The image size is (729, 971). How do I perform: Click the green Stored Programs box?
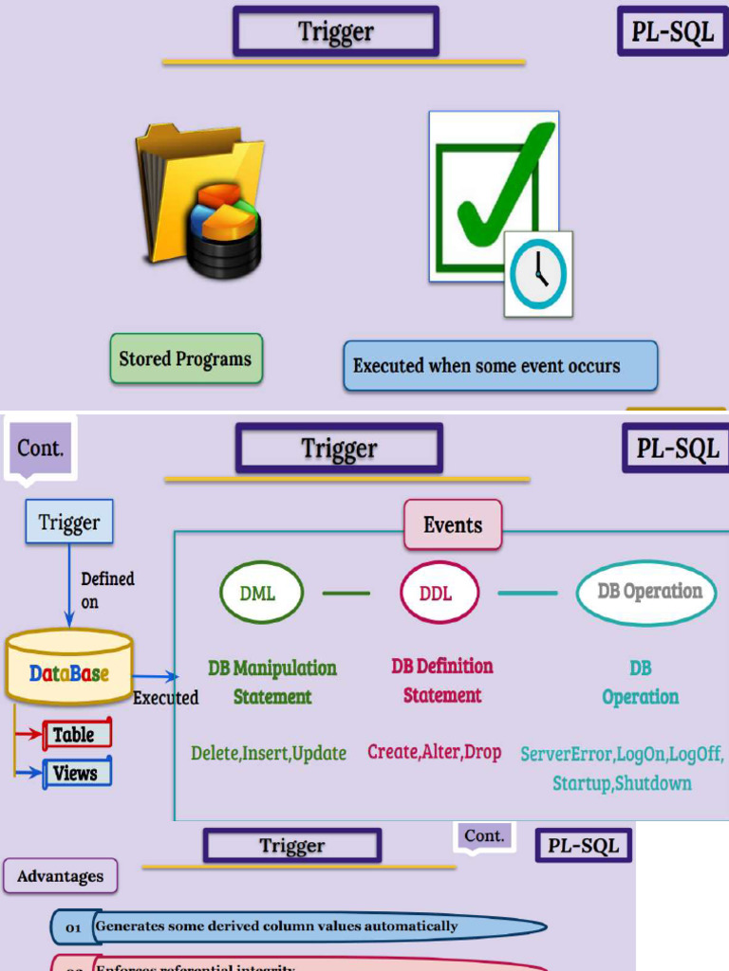[185, 359]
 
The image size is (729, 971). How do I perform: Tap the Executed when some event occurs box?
[499, 366]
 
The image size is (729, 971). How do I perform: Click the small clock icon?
[538, 273]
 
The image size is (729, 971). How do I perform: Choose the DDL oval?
[437, 595]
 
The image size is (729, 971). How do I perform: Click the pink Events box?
[453, 525]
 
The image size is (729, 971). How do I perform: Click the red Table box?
[77, 734]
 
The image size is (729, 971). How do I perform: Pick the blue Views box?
[77, 772]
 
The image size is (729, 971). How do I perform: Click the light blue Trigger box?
[69, 522]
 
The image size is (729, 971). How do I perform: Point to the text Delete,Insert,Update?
[269, 754]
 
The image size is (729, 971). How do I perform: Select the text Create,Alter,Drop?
[435, 752]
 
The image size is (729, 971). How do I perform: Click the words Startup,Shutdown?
[622, 784]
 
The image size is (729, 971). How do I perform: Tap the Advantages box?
[61, 876]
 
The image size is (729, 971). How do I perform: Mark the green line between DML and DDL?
[346, 595]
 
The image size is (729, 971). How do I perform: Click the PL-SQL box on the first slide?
[673, 31]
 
